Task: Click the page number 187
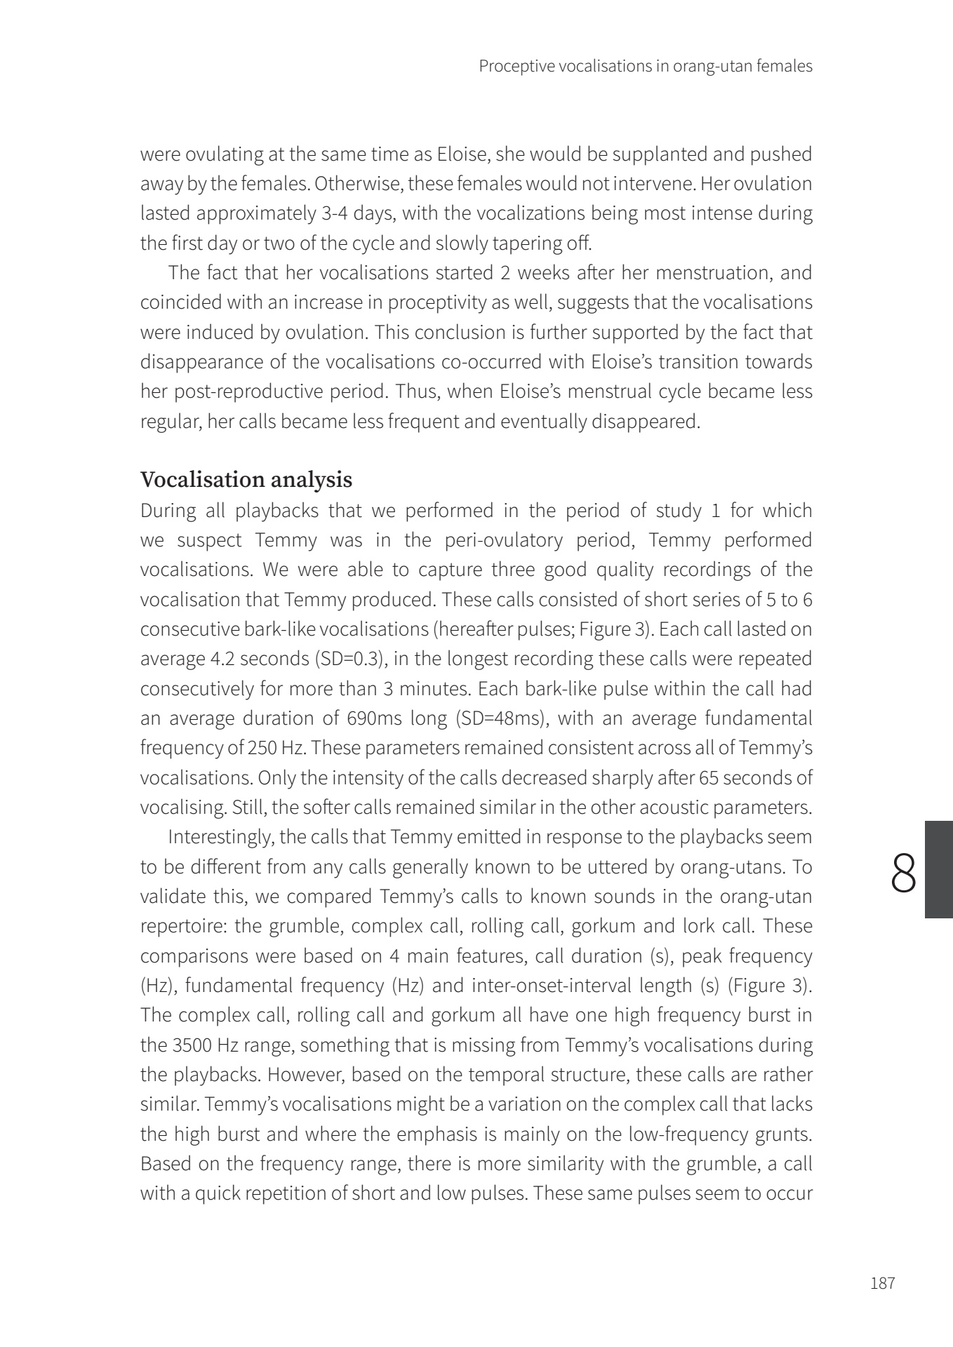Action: [882, 1284]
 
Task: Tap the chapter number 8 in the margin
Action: [905, 872]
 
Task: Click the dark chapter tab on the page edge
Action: [938, 870]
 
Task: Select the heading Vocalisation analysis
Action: [246, 480]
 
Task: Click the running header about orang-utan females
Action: [645, 67]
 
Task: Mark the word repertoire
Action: [182, 926]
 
